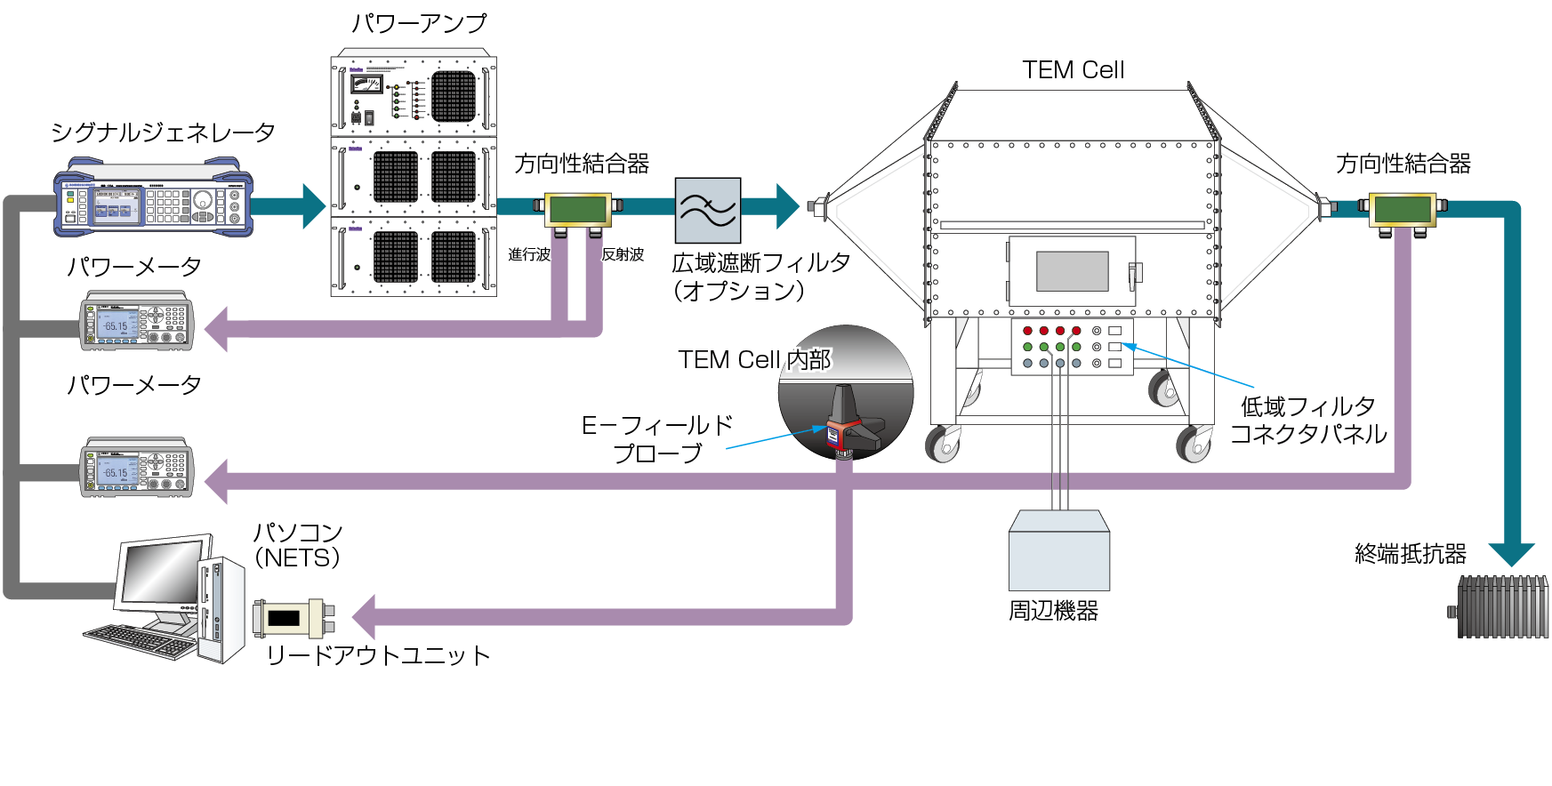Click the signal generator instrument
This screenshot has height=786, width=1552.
(x=153, y=198)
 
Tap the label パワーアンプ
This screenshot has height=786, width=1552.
(x=419, y=23)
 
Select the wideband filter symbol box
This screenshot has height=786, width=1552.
(x=708, y=211)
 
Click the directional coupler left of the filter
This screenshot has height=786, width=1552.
(x=578, y=210)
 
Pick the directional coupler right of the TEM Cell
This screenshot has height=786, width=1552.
(x=1403, y=210)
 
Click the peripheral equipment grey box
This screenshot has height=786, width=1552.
(x=1058, y=551)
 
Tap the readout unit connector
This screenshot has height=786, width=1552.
(x=294, y=617)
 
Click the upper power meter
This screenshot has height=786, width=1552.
(x=137, y=321)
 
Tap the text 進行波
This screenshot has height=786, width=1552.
(x=529, y=255)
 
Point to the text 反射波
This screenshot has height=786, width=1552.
(x=623, y=255)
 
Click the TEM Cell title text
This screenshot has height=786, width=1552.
(x=1073, y=70)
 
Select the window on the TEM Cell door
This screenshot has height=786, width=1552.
(x=1072, y=271)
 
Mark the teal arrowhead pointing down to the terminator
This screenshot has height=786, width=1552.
(x=1511, y=554)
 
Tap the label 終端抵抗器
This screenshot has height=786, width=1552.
(x=1411, y=554)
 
